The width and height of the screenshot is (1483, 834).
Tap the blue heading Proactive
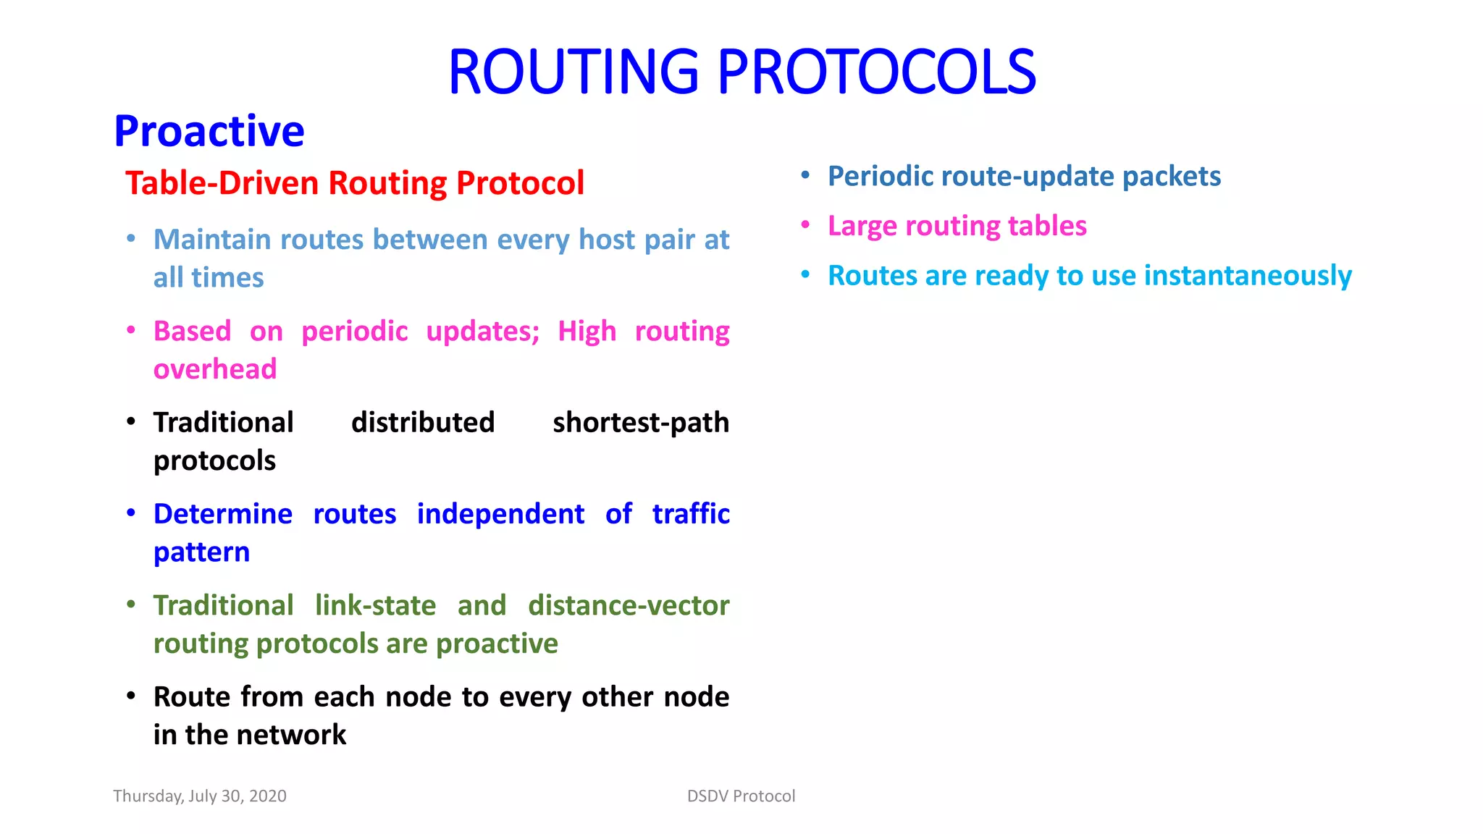click(x=209, y=131)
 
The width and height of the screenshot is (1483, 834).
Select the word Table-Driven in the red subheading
click(x=222, y=183)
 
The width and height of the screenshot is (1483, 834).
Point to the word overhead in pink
click(x=215, y=369)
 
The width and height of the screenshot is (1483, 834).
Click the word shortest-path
click(x=640, y=423)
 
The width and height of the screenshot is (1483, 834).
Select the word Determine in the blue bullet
click(x=223, y=514)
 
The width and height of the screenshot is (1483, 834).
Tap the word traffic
click(x=690, y=514)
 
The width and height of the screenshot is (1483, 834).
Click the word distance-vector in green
click(x=628, y=605)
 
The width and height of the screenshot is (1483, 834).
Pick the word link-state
click(x=375, y=605)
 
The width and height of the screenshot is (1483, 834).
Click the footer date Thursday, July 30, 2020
click(x=200, y=796)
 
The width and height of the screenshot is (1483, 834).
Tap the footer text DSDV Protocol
click(x=741, y=796)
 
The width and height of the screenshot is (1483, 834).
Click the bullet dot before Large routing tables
click(x=805, y=224)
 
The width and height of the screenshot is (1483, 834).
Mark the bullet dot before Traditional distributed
click(x=131, y=421)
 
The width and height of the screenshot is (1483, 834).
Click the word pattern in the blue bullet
click(x=201, y=552)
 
